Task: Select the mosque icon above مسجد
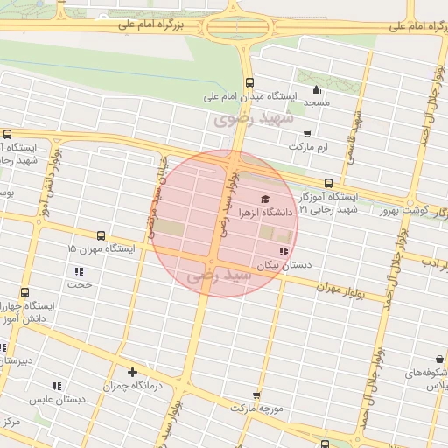point(315,90)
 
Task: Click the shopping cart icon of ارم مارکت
point(306,134)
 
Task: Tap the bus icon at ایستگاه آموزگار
point(328,183)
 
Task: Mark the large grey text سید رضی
point(219,276)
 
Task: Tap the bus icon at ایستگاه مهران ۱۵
point(101,235)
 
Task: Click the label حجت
point(80,284)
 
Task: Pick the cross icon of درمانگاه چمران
point(132,372)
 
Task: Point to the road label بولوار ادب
point(435,262)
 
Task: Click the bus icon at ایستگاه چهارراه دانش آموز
point(24,293)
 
